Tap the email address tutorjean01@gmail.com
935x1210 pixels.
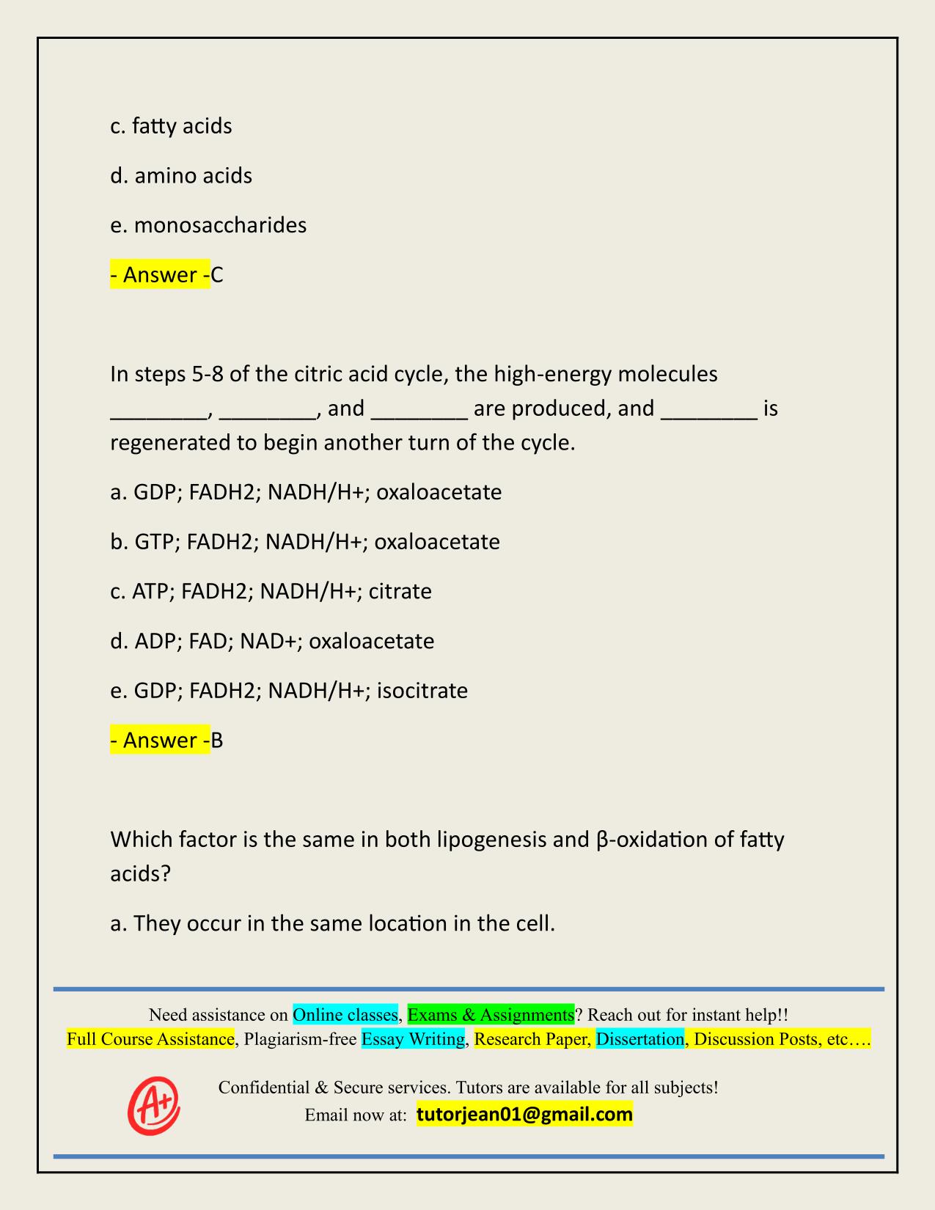point(524,1115)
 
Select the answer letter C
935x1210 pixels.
point(217,275)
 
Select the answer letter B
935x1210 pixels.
point(217,741)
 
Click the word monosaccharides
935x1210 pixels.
point(220,225)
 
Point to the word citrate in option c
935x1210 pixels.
point(400,591)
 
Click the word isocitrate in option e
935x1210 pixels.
point(422,691)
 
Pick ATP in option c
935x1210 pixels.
point(150,591)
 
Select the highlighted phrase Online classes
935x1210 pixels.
point(345,1015)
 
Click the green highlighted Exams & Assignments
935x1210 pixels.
point(491,1015)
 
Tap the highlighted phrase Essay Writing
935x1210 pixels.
point(413,1039)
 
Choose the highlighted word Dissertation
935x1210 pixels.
point(640,1039)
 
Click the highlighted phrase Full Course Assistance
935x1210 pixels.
point(150,1039)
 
